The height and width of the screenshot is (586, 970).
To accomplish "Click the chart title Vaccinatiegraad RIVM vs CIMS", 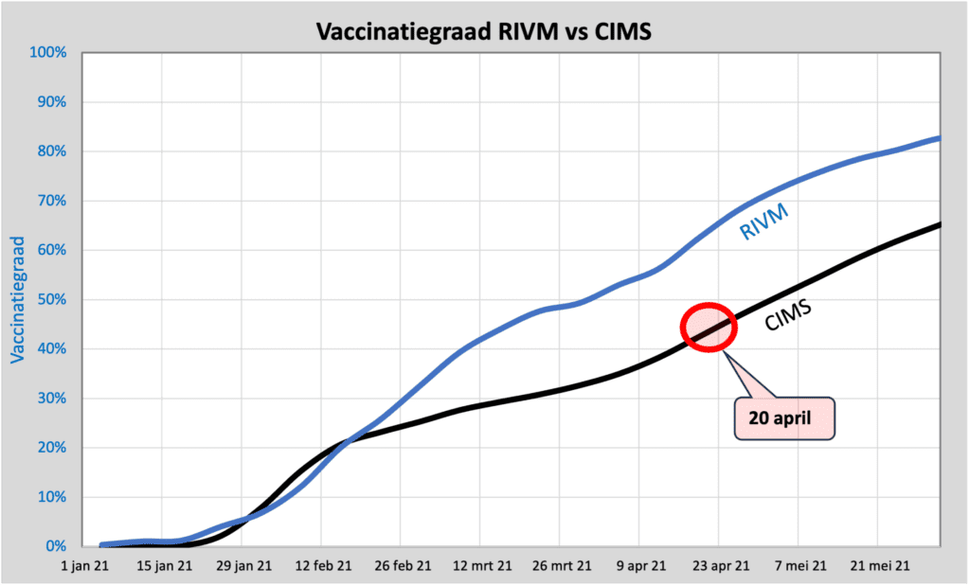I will [x=484, y=32].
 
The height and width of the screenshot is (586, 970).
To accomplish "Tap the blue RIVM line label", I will [x=763, y=221].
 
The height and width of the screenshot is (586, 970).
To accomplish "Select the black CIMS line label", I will [x=791, y=313].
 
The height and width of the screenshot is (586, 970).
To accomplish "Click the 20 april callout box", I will [x=785, y=417].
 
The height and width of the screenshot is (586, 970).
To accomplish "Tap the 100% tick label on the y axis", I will [x=48, y=53].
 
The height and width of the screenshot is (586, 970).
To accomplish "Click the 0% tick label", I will [x=56, y=546].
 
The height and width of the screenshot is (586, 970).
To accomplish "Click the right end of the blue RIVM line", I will [x=939, y=138].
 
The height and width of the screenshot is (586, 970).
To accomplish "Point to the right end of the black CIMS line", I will [x=939, y=224].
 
